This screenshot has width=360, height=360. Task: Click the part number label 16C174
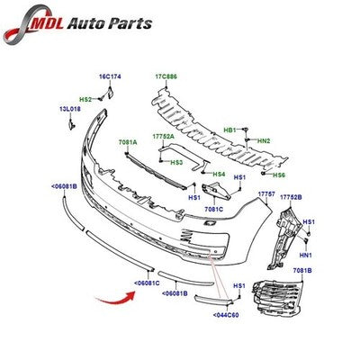pyautogui.click(x=110, y=76)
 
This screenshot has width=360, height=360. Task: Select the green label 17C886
pyautogui.click(x=166, y=76)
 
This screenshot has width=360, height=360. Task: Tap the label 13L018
pyautogui.click(x=70, y=110)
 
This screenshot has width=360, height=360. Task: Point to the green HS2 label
pyautogui.click(x=85, y=99)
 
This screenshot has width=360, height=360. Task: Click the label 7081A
pyautogui.click(x=128, y=143)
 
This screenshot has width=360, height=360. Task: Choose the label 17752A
pyautogui.click(x=163, y=137)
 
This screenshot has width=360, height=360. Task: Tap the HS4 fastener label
pyautogui.click(x=219, y=174)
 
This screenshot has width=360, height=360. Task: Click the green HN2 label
pyautogui.click(x=264, y=140)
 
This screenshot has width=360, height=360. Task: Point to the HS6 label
pyautogui.click(x=279, y=175)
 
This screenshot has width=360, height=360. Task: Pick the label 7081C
pyautogui.click(x=214, y=210)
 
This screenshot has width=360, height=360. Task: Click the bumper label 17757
pyautogui.click(x=266, y=194)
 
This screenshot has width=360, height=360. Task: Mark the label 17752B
pyautogui.click(x=291, y=197)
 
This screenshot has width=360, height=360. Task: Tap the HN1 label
pyautogui.click(x=306, y=256)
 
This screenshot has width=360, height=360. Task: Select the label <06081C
pyautogui.click(x=147, y=283)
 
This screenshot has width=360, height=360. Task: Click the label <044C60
pyautogui.click(x=226, y=315)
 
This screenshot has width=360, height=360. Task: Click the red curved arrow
pyautogui.click(x=115, y=298)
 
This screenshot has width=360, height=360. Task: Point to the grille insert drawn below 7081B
pyautogui.click(x=277, y=299)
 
